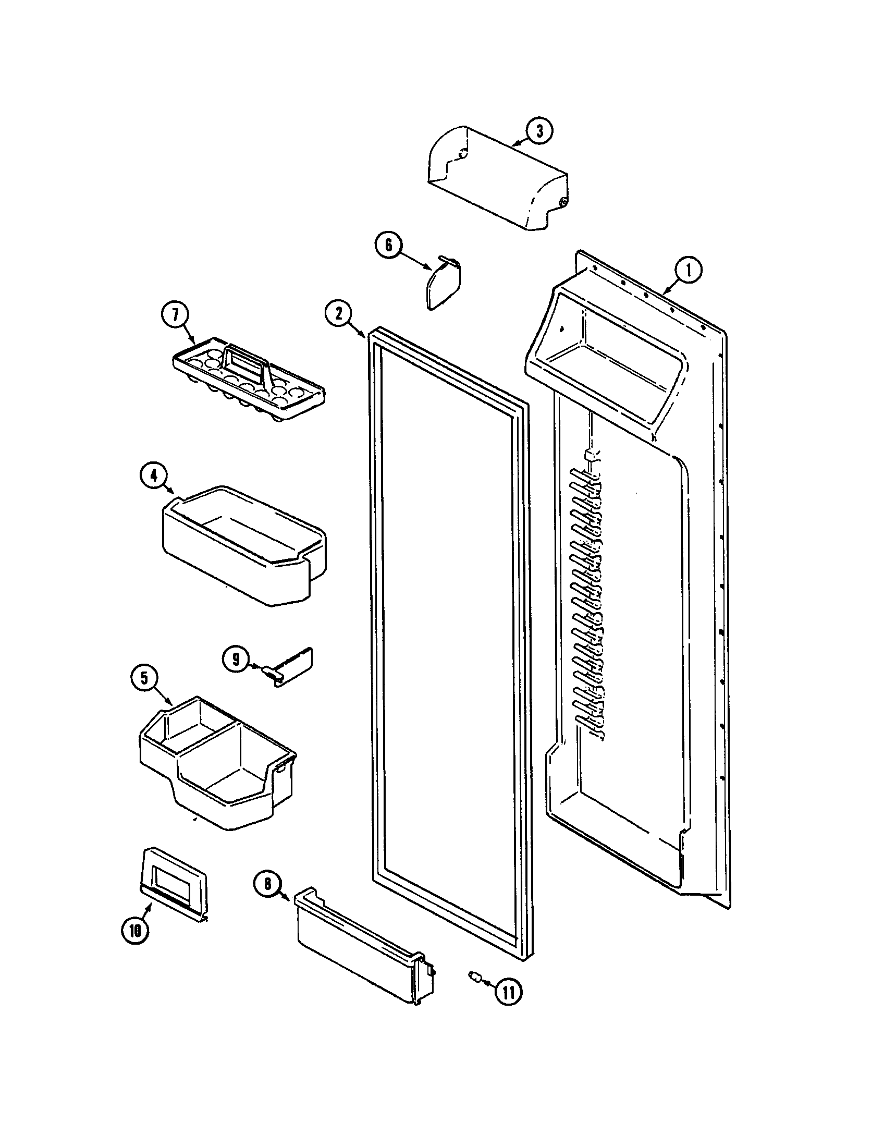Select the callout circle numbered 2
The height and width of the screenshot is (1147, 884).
tap(339, 313)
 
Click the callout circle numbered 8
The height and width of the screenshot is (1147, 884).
tap(267, 884)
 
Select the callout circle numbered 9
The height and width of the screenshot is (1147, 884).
tap(236, 658)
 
